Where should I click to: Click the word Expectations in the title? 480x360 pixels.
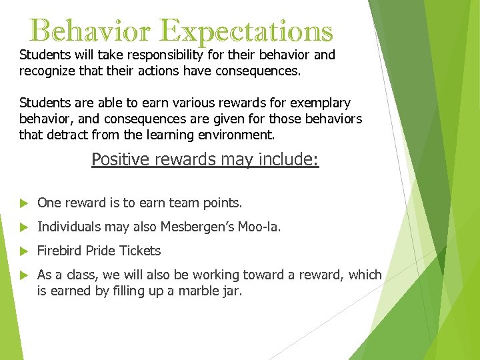click(247, 31)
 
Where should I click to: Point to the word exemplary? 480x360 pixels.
click(322, 103)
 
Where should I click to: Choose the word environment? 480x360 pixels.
click(237, 135)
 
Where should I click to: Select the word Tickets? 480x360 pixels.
click(141, 251)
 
